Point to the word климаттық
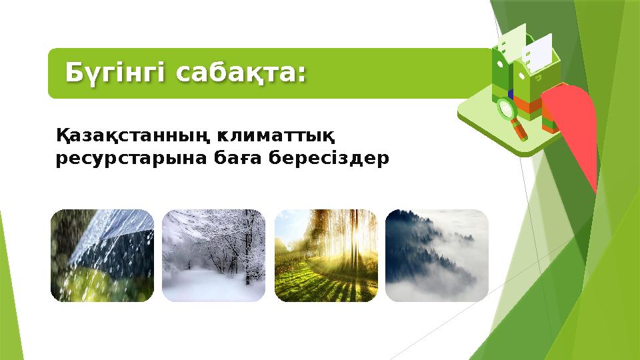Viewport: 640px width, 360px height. click(275, 137)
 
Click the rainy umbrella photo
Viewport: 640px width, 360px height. click(102, 255)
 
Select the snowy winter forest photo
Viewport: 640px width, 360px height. click(213, 255)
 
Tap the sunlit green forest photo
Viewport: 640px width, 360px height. click(326, 255)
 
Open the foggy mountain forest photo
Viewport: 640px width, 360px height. click(437, 255)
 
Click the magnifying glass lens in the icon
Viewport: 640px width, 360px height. click(506, 109)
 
